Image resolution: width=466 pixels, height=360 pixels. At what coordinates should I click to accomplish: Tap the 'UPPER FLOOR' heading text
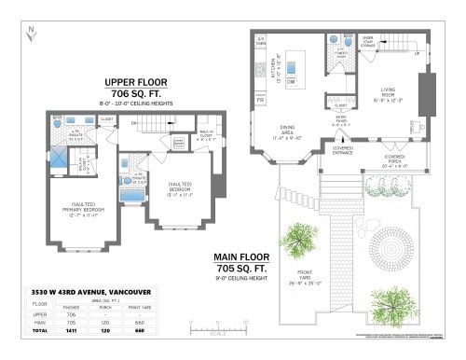click(x=137, y=81)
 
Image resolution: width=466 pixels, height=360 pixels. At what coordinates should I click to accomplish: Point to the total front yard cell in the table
click(x=140, y=330)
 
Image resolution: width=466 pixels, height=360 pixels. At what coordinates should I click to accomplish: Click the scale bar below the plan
click(x=217, y=327)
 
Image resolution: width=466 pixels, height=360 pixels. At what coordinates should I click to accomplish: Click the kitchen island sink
click(x=290, y=67)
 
